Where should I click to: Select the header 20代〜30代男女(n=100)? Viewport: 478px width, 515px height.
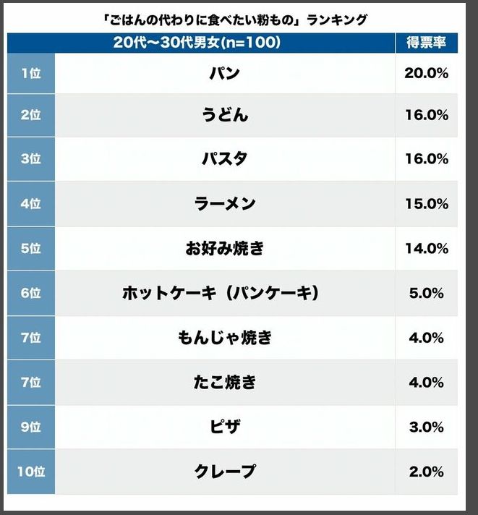197,43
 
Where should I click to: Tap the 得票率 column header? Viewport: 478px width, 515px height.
426,43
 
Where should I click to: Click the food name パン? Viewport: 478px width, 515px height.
225,73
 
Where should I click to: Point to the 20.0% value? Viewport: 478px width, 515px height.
426,73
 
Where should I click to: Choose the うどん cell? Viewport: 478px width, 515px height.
225,116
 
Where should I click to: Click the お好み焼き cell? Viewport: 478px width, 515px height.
225,249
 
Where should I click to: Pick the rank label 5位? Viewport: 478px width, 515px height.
30,249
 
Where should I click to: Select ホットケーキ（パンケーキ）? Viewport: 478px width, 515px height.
221,293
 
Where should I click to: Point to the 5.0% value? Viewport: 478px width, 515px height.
426,293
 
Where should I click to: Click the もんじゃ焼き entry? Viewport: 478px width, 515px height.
225,338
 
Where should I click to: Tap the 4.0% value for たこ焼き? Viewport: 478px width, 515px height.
426,382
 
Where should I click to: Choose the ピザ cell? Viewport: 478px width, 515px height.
225,427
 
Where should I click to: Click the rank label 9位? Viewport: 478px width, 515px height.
30,427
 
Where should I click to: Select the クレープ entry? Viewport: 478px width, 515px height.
225,472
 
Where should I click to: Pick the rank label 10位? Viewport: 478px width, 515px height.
30,472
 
